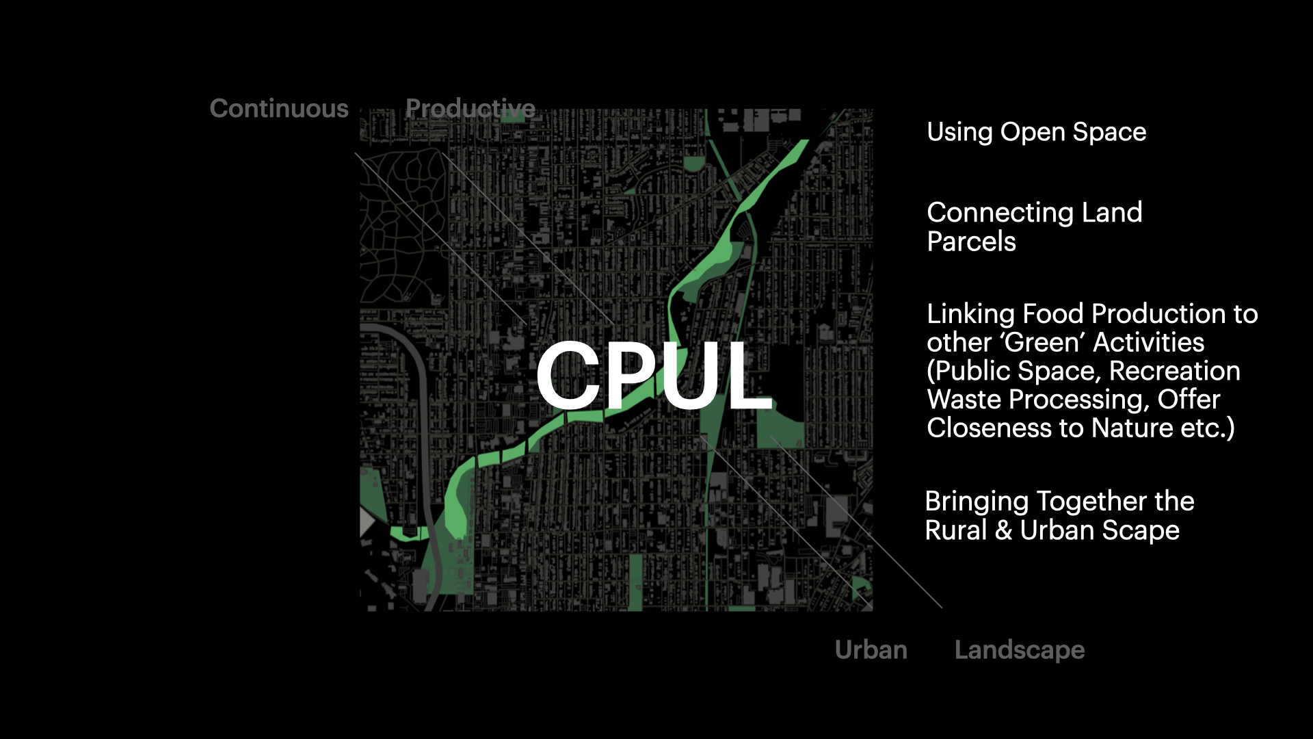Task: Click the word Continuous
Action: click(x=279, y=109)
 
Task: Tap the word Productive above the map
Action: click(x=470, y=109)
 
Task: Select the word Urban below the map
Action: click(x=871, y=649)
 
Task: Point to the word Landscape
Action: click(x=1019, y=650)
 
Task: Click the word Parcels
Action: click(x=971, y=242)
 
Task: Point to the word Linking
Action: click(x=970, y=314)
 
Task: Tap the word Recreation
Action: click(x=1174, y=371)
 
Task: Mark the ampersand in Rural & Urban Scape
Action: click(x=1003, y=530)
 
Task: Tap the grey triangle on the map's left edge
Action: click(x=367, y=522)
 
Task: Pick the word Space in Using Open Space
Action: click(x=1109, y=132)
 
